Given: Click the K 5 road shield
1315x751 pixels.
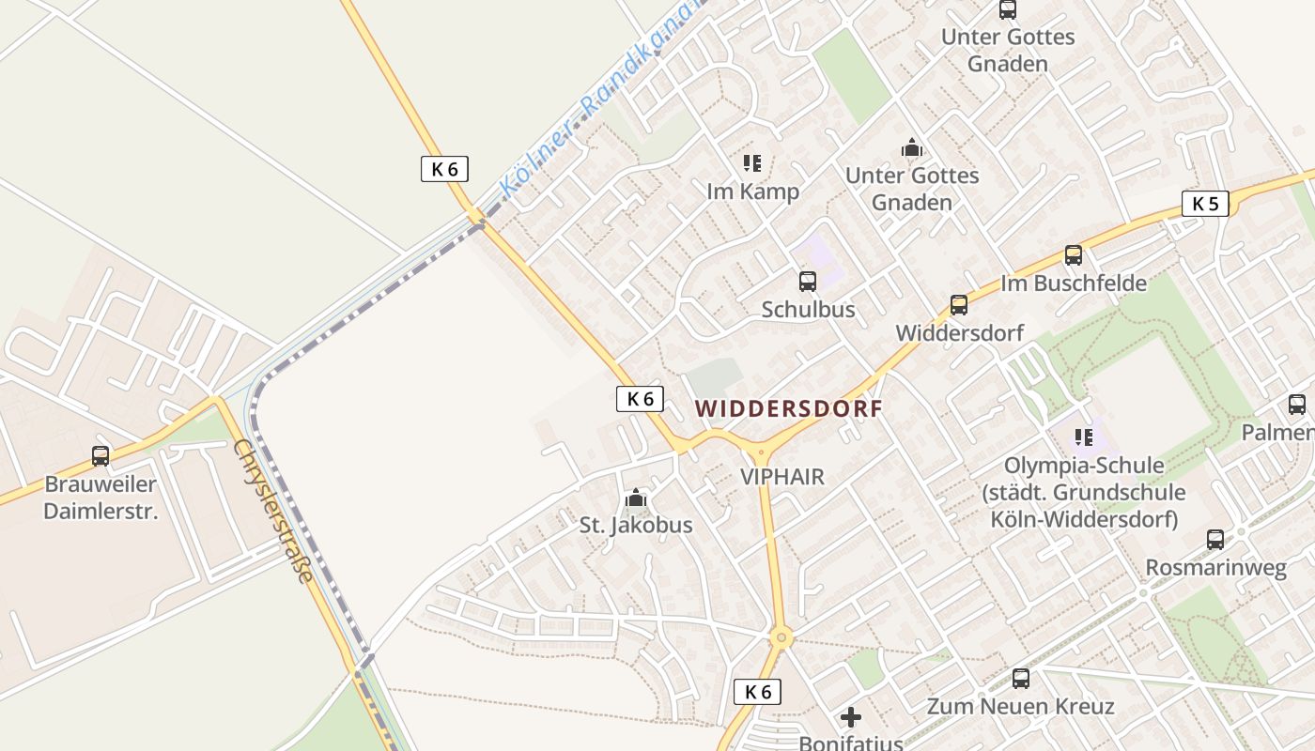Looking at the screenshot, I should tap(1205, 203).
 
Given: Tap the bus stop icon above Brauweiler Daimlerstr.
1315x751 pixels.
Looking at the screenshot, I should tap(101, 456).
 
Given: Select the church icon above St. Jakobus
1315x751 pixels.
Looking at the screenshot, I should tap(636, 498).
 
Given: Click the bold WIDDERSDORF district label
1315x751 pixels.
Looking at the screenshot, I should tap(789, 408).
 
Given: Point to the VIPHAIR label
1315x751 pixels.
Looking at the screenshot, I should tap(782, 476).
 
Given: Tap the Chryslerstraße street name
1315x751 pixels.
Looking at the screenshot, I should tap(273, 511).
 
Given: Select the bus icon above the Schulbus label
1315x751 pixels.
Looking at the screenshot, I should tap(808, 281).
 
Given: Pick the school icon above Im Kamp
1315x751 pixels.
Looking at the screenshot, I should tap(752, 163).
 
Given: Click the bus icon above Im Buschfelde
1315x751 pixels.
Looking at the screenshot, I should tap(1073, 254).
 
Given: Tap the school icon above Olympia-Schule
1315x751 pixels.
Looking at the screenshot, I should tap(1084, 437).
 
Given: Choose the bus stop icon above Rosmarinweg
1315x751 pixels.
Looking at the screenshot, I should tap(1215, 540).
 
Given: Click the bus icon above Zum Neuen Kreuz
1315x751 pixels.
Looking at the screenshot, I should tap(1021, 678).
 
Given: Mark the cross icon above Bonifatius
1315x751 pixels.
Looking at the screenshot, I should tap(851, 718).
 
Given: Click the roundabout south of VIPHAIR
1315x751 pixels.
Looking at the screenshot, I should tap(781, 638).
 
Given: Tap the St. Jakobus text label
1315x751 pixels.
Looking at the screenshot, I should tap(636, 525).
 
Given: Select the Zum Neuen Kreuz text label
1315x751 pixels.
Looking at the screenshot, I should tap(1021, 706).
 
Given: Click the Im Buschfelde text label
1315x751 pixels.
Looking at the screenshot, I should tap(1074, 283).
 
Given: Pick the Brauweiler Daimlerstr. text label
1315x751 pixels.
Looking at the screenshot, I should tap(101, 498).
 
